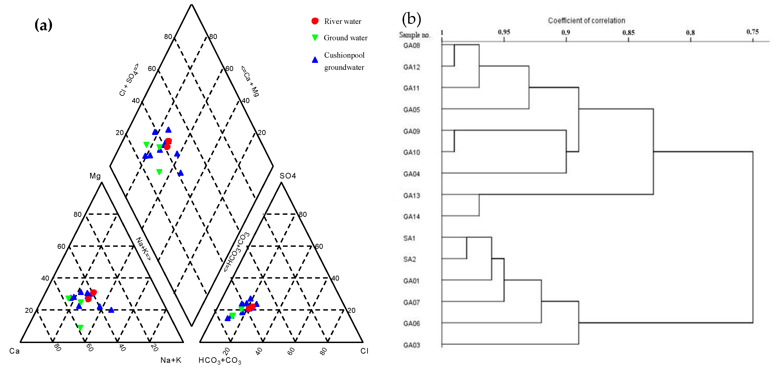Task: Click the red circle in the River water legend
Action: [315, 21]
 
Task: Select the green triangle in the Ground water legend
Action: [315, 37]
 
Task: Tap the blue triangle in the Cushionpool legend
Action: [315, 60]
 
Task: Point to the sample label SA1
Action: [409, 238]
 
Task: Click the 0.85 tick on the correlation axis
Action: [628, 32]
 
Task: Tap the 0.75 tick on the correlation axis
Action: [752, 32]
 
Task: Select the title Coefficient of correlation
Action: [586, 21]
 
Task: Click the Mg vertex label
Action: [95, 176]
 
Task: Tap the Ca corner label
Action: [14, 351]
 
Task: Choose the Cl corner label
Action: [364, 351]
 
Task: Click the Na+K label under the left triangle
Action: [171, 360]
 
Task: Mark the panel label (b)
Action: [411, 19]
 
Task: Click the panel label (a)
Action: [43, 25]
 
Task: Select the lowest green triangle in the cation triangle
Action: [80, 327]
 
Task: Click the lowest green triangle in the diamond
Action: [159, 172]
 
